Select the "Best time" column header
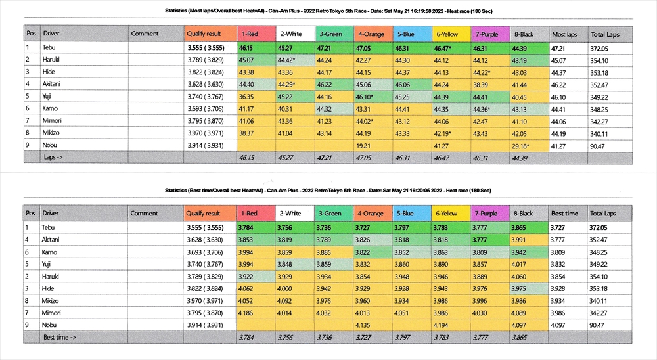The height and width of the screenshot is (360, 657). pyautogui.click(x=564, y=214)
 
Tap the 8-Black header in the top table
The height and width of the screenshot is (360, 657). pyautogui.click(x=523, y=34)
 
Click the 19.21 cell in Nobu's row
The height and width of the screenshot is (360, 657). pyautogui.click(x=363, y=145)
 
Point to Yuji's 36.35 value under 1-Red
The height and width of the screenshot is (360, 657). pyautogui.click(x=246, y=96)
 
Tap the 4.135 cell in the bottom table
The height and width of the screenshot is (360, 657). pyautogui.click(x=363, y=325)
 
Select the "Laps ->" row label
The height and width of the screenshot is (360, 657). pyautogui.click(x=54, y=158)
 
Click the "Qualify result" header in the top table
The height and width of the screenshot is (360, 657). pyautogui.click(x=204, y=34)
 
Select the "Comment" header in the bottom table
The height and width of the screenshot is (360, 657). pyautogui.click(x=144, y=214)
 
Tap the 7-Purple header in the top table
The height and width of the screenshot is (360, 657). pyautogui.click(x=486, y=34)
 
